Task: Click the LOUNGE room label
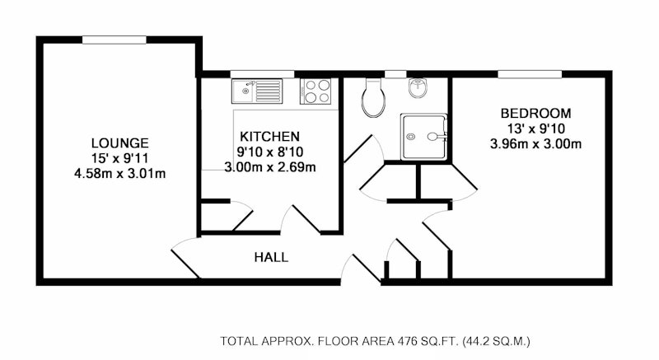coord(119,143)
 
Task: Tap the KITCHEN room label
coord(270,137)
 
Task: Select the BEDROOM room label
coord(536,114)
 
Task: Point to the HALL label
coord(272,257)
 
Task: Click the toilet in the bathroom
coord(373,97)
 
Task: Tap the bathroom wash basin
coord(418,87)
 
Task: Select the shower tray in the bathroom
coord(423,137)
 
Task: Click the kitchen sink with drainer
coord(257,91)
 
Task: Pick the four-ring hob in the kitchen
coord(315,91)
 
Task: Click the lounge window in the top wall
coord(115,40)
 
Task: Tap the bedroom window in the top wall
coord(530,74)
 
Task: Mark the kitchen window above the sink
coord(262,74)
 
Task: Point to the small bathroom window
coord(396,74)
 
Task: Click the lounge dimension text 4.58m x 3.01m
coord(119,174)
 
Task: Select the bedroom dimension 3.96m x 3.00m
coord(536,144)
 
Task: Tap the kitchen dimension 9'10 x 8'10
coord(270,152)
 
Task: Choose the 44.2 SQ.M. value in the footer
coord(497,341)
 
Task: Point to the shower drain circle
coord(410,137)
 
